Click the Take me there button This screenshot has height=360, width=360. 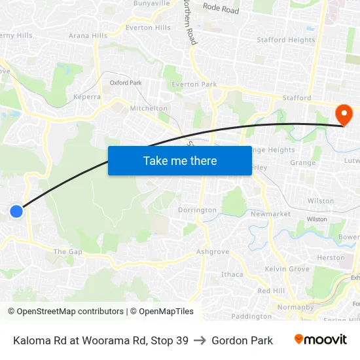179,160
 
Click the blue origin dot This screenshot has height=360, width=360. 16,211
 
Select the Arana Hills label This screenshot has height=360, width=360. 88,36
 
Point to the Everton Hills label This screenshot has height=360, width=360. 148,27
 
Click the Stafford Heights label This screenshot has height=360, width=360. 286,40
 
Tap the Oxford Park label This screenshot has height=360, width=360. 126,83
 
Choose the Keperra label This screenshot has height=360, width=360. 87,96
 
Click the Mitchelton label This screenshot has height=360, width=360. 149,109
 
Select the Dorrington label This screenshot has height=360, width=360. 197,210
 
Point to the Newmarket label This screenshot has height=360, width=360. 270,214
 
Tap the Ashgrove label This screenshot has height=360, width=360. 213,251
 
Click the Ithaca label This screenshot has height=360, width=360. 232,274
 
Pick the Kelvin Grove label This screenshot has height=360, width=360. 287,269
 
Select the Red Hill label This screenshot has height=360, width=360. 271,291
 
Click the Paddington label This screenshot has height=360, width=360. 251,316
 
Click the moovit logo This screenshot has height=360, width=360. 320,340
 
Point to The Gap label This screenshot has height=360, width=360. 68,251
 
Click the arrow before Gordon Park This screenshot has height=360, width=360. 200,340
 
